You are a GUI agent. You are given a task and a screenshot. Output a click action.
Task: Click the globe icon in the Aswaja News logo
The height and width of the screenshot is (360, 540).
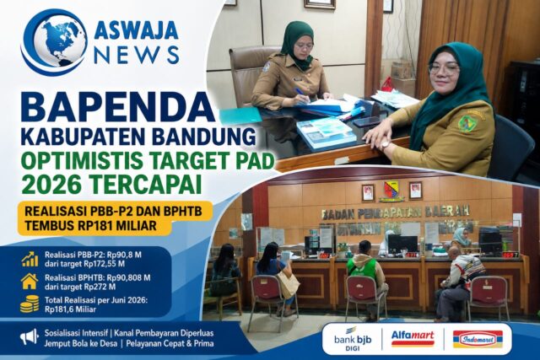pos(55,42)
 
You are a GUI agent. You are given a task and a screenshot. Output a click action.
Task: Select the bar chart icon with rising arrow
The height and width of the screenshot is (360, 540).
pos(30,259)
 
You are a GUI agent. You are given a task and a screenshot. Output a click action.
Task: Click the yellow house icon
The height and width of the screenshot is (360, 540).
pos(30,282)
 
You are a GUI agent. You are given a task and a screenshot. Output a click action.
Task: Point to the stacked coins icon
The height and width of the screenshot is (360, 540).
pos(30,304)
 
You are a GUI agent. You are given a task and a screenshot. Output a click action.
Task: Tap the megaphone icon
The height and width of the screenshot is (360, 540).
pos(29,337)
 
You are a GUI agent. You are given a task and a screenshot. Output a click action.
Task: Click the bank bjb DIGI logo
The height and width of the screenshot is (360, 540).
pos(353,340)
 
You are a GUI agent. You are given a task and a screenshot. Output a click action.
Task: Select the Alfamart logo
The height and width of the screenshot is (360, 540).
pos(413,337)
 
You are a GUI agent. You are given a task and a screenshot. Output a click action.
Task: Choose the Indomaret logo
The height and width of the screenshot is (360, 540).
pos(478,339)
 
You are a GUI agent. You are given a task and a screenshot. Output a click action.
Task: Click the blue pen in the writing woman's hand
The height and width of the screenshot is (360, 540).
pos(301,93)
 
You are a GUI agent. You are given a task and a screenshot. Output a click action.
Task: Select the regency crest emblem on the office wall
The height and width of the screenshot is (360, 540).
pos(391,191)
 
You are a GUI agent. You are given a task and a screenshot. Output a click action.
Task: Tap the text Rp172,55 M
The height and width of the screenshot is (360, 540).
pos(104,264)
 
